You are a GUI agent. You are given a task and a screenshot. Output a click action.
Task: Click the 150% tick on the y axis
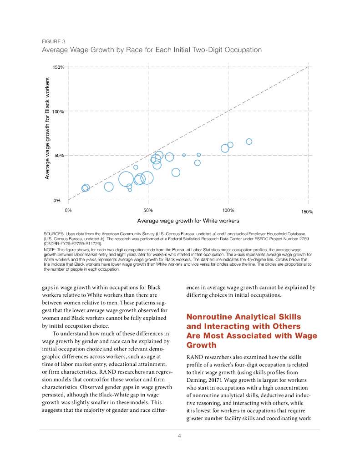coord(58,67)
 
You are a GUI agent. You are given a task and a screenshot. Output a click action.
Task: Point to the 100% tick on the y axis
coord(58,111)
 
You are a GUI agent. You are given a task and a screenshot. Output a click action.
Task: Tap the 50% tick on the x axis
coord(148,210)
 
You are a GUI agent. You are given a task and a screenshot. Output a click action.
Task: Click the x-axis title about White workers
coord(188,221)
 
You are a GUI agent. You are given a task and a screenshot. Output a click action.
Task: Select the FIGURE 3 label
coord(53,41)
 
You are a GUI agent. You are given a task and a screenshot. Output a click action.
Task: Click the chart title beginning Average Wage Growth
coord(152,49)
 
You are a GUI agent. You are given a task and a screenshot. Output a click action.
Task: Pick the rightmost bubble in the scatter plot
coord(249,142)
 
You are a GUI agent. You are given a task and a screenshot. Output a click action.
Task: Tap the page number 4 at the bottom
coord(180,436)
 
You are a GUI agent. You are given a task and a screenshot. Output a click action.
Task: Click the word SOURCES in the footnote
coord(54,233)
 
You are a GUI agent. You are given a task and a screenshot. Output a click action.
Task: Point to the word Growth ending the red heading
coord(202,345)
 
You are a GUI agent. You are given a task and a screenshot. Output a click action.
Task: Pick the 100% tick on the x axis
coord(228,210)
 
